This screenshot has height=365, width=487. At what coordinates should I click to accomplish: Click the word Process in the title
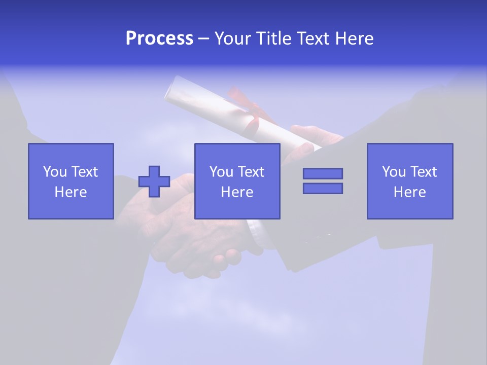(x=159, y=39)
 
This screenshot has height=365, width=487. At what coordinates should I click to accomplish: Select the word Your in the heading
(x=233, y=39)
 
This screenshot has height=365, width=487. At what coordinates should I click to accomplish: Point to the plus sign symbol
(x=154, y=181)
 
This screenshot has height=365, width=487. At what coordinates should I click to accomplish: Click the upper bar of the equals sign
(x=323, y=173)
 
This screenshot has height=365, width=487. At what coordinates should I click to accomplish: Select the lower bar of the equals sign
(x=323, y=188)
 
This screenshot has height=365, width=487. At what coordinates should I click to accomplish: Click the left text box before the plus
(x=71, y=181)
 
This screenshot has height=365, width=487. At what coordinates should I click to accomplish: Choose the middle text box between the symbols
(x=237, y=181)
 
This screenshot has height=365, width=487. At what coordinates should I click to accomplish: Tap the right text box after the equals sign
(x=410, y=181)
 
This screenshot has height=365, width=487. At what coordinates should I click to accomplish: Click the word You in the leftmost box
(x=55, y=172)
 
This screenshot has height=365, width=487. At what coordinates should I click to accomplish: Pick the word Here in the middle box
(x=237, y=192)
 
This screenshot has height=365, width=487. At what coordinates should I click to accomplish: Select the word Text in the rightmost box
(x=423, y=172)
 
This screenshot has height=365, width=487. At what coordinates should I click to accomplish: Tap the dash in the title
(x=203, y=39)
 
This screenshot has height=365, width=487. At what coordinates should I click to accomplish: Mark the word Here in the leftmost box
(x=71, y=192)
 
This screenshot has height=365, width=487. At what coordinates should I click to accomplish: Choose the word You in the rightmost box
(x=394, y=172)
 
